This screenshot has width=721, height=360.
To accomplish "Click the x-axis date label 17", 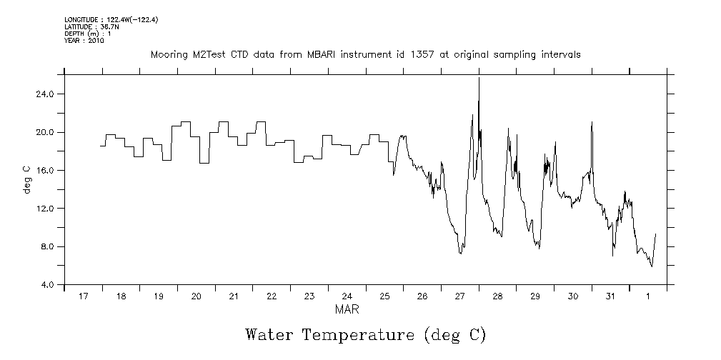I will point(83,296).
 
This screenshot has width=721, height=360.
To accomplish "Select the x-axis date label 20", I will point(196,296).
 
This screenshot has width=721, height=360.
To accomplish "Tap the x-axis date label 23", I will point(309,296).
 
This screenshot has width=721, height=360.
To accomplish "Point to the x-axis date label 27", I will point(459,296).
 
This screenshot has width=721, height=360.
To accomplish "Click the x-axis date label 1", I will point(648,296).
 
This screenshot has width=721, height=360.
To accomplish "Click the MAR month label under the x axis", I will point(347,310).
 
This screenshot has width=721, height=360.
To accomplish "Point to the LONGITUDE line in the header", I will point(111,20).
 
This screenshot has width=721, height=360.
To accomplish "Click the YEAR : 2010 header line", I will point(84,41).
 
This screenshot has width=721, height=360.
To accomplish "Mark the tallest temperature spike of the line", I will point(479,79).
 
